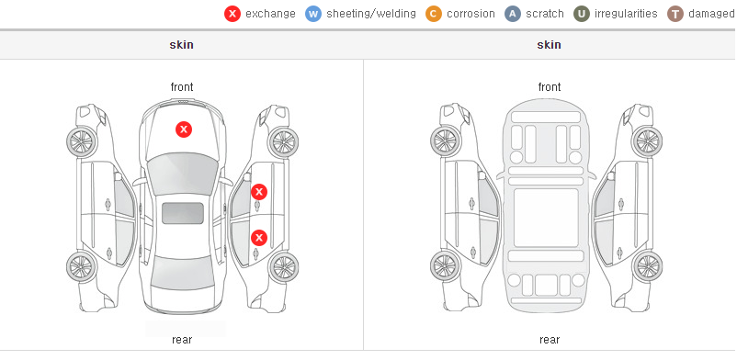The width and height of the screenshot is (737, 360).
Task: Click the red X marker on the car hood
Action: (184, 129)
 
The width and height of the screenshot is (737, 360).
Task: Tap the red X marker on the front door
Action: (259, 192)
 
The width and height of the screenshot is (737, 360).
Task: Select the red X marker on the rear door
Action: (259, 238)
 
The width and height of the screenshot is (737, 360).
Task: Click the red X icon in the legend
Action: (232, 14)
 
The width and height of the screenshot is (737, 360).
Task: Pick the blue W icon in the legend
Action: (313, 14)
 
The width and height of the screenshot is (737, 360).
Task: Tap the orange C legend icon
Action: (434, 14)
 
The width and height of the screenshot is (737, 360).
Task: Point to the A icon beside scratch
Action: (513, 14)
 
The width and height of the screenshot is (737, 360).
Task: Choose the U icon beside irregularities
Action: (582, 14)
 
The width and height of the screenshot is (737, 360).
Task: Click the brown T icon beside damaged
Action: (675, 14)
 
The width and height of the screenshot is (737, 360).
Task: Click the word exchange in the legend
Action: (270, 14)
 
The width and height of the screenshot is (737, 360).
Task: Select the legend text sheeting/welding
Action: (371, 14)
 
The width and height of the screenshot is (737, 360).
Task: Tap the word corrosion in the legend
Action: (471, 14)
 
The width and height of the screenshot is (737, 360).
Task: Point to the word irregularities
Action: (626, 14)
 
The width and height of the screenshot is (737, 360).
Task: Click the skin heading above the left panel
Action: (181, 45)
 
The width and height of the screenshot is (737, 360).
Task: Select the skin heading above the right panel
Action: (549, 45)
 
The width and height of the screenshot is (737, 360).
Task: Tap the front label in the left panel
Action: (182, 87)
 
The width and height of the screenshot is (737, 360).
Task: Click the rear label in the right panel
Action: (550, 340)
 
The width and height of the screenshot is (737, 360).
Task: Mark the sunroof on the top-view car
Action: (183, 213)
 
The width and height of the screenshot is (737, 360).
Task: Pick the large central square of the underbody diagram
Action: (546, 218)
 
